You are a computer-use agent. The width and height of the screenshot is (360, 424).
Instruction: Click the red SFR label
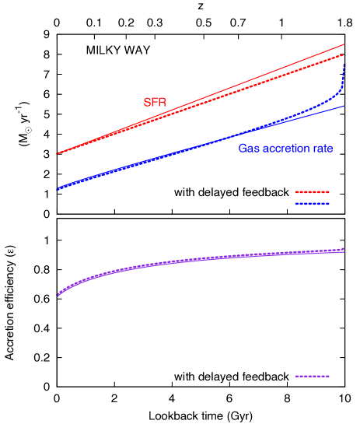pyautogui.click(x=155, y=103)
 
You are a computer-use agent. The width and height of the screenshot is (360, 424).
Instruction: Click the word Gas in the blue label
pyautogui.click(x=247, y=148)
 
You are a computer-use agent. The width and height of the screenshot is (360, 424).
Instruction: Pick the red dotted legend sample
pyautogui.click(x=312, y=191)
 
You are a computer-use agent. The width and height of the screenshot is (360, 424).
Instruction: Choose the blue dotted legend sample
pyautogui.click(x=312, y=203)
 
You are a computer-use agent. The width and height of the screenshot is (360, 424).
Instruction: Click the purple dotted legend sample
pyautogui.click(x=312, y=377)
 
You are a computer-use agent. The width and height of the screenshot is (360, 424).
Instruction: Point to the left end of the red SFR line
pyautogui.click(x=58, y=154)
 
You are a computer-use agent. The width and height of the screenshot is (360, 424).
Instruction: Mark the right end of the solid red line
pyautogui.click(x=344, y=44)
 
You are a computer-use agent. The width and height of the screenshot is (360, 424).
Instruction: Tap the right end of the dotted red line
pyautogui.click(x=344, y=54)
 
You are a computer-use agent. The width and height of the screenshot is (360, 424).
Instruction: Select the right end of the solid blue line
pyautogui.click(x=344, y=106)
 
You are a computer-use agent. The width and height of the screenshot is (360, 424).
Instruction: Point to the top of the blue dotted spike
pyautogui.click(x=344, y=65)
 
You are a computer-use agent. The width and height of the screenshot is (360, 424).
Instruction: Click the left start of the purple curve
pyautogui.click(x=58, y=296)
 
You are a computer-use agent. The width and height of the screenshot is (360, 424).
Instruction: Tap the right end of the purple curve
pyautogui.click(x=344, y=249)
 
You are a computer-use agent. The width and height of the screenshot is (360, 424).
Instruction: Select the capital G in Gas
pyautogui.click(x=243, y=148)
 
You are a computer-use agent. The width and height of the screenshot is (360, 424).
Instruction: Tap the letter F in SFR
pyautogui.click(x=155, y=103)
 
